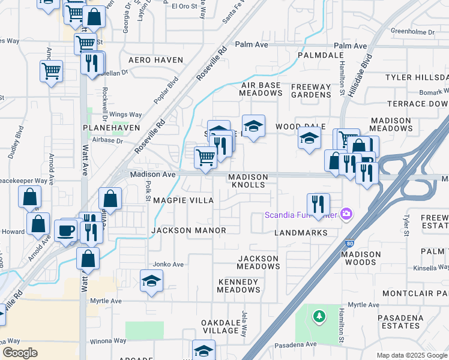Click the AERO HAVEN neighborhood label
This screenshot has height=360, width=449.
(151, 60)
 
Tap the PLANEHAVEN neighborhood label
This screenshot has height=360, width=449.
(112, 128)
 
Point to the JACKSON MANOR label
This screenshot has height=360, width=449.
(188, 230)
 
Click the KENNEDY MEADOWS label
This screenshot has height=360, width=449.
(238, 286)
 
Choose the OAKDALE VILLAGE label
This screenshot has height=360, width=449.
(220, 326)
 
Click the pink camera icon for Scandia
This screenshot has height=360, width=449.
(346, 214)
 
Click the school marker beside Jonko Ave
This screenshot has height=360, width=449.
(151, 280)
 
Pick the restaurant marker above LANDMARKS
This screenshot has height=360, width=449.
(318, 204)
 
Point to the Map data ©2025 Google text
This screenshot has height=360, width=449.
(411, 355)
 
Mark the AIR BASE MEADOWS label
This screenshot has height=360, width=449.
(260, 89)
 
